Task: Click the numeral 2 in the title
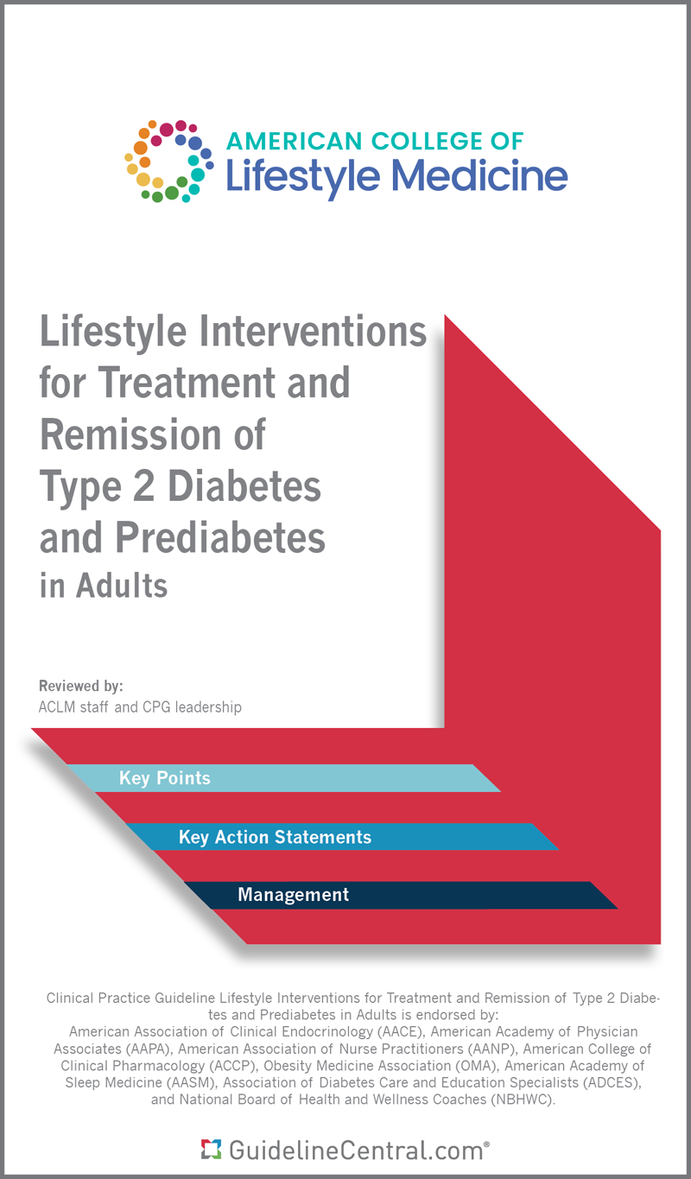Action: pos(141,485)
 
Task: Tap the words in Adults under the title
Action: pos(104,586)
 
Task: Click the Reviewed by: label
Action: pos(81,687)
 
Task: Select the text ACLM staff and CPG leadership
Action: pos(140,707)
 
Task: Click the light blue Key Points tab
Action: pos(165,778)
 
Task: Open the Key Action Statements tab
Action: pos(275,837)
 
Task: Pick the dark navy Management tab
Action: pos(294,895)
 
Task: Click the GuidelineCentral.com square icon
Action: pos(209,1149)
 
